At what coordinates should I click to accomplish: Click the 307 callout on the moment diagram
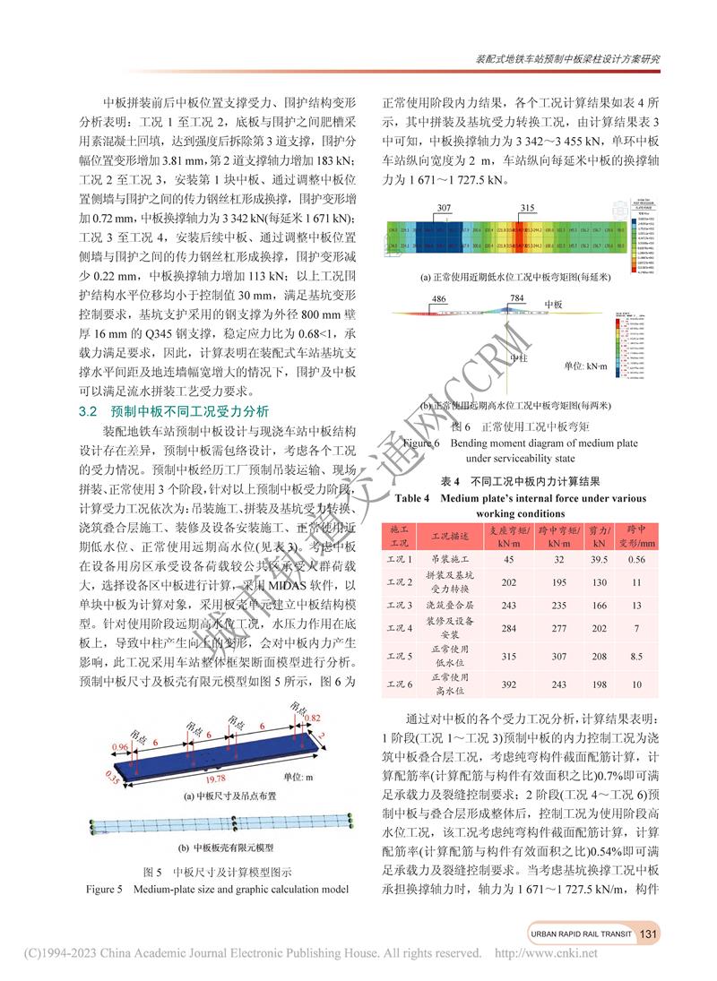(445, 207)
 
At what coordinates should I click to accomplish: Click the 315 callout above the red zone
(526, 207)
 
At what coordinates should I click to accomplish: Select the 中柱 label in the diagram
(518, 357)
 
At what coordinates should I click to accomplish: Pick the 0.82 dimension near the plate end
(312, 718)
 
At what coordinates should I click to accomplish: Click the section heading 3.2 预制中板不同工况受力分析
(174, 412)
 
